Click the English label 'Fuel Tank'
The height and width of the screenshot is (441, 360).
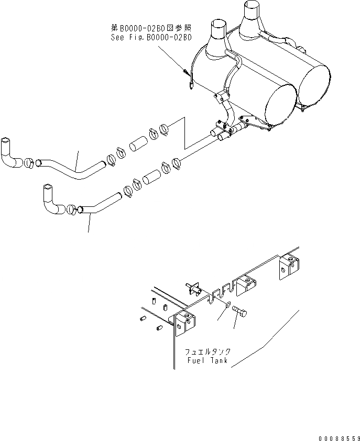click(207, 361)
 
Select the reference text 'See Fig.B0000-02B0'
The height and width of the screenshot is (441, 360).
click(151, 38)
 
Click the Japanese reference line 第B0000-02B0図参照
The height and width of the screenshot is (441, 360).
click(151, 30)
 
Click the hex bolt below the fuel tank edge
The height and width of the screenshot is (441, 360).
click(241, 313)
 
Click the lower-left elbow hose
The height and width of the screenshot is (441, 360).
click(52, 201)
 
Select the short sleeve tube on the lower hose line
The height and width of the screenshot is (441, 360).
click(153, 176)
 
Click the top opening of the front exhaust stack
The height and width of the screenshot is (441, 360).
click(217, 24)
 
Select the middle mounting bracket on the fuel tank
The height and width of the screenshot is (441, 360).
click(244, 285)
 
